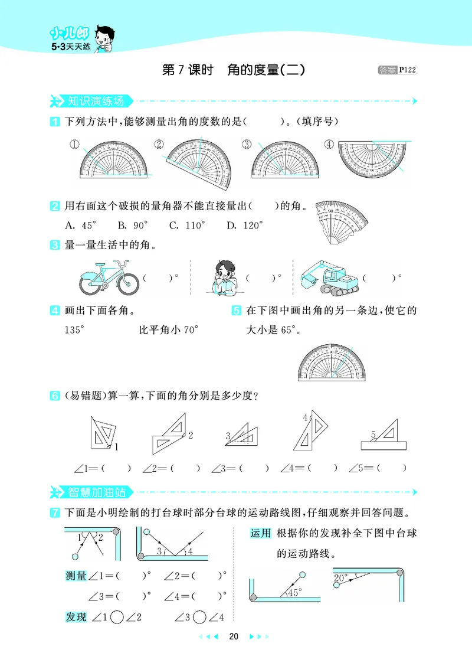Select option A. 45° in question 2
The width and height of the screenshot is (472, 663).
coord(80,225)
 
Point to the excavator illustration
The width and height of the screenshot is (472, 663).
coord(328,276)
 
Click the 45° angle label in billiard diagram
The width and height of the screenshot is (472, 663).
coord(293,591)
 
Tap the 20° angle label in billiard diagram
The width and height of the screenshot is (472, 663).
coord(341,578)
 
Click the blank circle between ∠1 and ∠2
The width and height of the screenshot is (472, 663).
coord(117,618)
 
